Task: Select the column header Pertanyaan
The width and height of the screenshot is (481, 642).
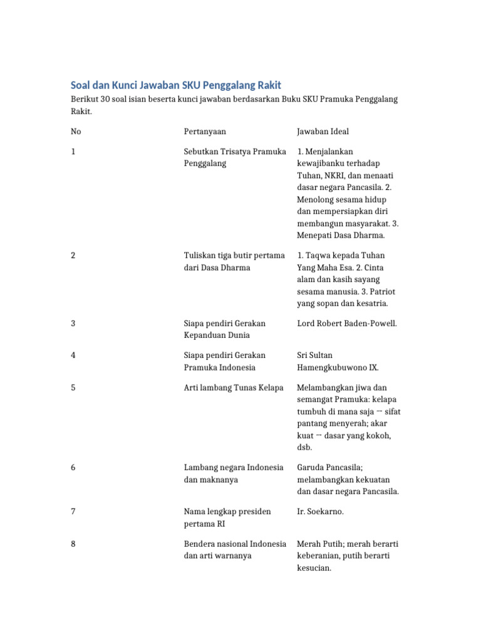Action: tap(205, 132)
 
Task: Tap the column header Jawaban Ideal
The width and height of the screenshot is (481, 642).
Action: tap(323, 132)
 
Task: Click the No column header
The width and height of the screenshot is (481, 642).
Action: tap(76, 132)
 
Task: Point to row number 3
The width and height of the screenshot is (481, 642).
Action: tap(73, 324)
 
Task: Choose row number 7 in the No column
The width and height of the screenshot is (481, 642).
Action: tap(73, 512)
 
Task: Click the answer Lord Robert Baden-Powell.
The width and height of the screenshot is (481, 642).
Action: tap(347, 324)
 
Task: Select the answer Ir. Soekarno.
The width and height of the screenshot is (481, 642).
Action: tap(320, 512)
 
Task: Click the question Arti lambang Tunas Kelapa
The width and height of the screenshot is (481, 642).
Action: tap(234, 387)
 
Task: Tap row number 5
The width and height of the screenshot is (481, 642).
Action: tap(73, 387)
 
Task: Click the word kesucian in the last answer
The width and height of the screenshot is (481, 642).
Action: tap(314, 568)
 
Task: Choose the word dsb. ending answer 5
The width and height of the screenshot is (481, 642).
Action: tap(304, 448)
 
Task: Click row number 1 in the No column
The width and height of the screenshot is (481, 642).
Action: tap(73, 152)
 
